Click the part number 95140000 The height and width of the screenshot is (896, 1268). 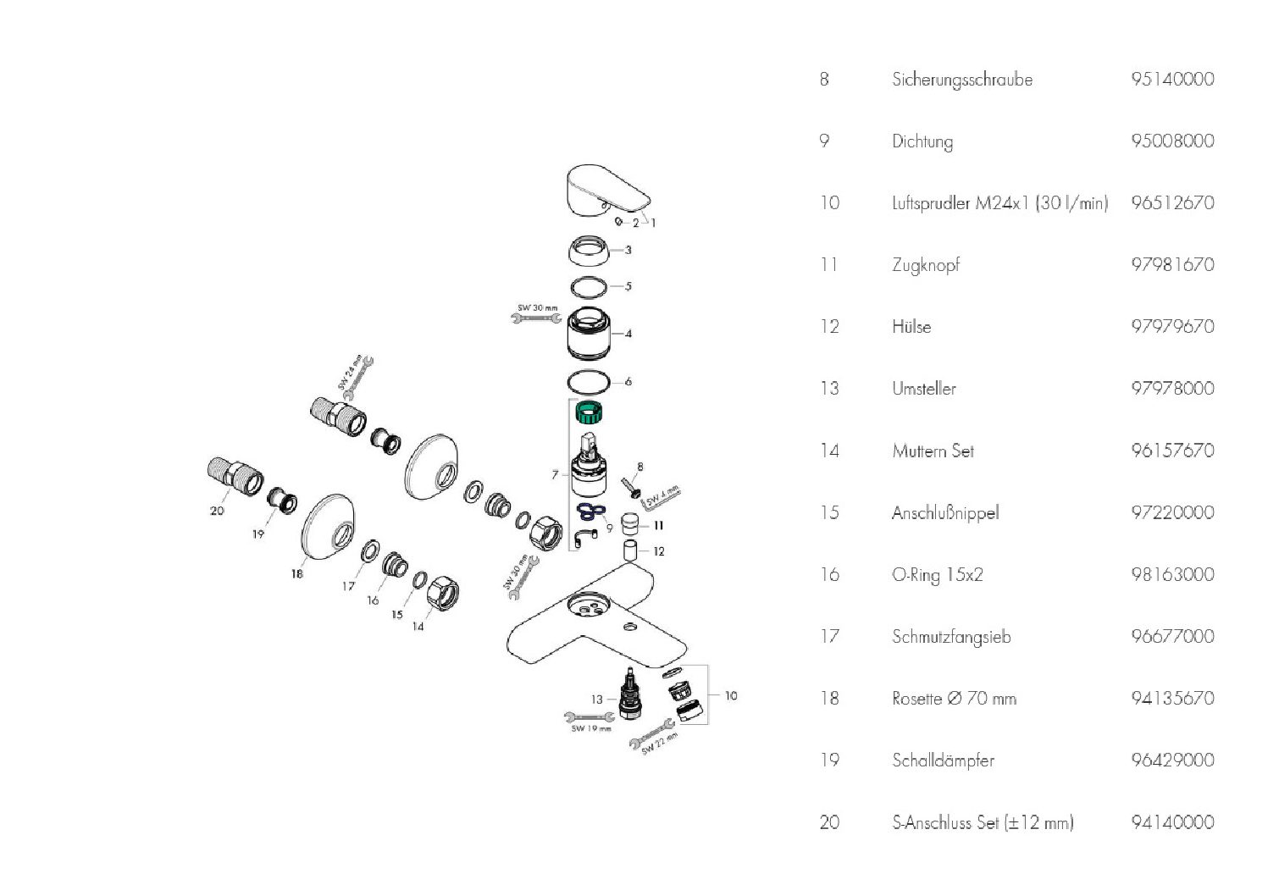point(1172,79)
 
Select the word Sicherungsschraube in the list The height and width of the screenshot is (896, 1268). point(962,80)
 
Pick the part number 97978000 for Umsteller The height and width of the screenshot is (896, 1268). point(1172,388)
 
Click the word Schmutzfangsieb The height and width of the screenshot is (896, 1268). point(951,636)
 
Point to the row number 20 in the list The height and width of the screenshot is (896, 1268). point(829,822)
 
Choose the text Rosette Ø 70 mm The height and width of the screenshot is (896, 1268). point(954,699)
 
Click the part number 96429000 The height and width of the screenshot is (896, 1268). point(1172,760)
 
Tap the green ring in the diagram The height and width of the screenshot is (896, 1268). point(585,414)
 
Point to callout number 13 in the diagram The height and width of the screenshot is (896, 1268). point(598,700)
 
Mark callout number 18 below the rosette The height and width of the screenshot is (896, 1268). point(296,573)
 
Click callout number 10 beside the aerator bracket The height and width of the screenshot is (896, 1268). point(731,695)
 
